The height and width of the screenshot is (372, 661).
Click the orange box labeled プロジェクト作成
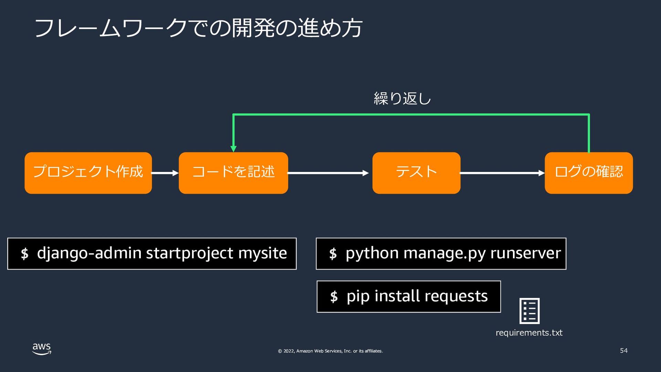88,173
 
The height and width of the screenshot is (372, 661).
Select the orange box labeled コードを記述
233,173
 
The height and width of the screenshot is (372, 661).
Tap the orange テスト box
416,173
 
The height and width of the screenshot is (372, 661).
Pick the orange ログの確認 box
589,173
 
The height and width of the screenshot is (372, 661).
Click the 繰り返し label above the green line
402,99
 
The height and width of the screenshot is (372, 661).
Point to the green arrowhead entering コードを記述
233,149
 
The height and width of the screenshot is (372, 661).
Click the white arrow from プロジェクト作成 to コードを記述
165,173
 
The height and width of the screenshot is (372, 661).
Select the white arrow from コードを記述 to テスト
328,173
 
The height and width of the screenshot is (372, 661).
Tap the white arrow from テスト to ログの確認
502,173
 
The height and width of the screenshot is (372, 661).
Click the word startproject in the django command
190,254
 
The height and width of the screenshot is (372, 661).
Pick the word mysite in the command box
263,253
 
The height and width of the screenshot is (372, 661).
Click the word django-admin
89,254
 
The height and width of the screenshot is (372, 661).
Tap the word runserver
526,254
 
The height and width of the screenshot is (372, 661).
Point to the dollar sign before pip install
334,296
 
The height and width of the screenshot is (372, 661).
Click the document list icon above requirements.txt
529,311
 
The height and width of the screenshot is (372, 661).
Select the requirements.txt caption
529,333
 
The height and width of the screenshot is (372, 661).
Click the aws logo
42,349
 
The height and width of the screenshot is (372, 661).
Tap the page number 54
624,351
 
